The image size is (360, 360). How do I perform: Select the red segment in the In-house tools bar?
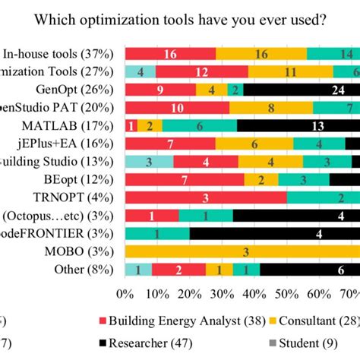click(170, 53)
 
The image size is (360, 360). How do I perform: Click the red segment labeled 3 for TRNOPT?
click(205, 197)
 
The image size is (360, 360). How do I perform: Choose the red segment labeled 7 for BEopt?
click(185, 179)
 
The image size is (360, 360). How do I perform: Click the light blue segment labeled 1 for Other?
click(137, 270)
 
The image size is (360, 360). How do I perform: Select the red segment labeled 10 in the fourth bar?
click(176, 107)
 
